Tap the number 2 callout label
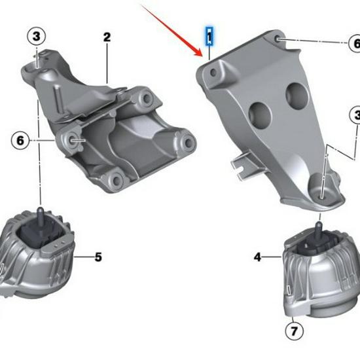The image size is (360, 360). tap(107, 37)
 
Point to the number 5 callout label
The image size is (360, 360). tap(98, 257)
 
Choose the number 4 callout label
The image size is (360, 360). tap(257, 257)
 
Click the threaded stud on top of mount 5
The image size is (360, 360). tap(41, 215)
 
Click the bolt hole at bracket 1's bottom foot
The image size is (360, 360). tap(325, 192)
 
